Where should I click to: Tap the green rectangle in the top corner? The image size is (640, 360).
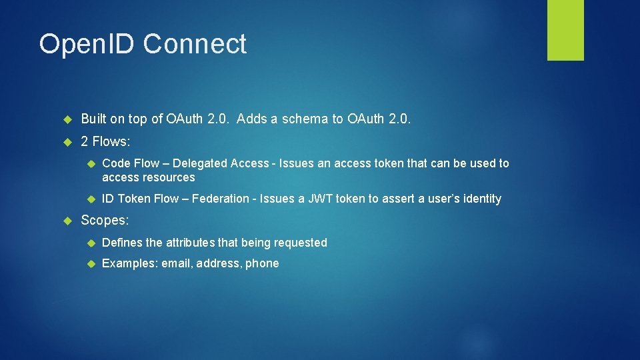pos(565,30)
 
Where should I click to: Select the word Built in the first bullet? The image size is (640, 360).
pos(94,119)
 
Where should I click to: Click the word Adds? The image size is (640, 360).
pos(251,119)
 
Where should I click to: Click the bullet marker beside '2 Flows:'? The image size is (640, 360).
pos(67,142)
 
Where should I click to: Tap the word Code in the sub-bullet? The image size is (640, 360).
pos(116,163)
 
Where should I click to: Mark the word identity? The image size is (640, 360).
pos(479,199)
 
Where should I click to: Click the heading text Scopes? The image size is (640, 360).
pos(105,220)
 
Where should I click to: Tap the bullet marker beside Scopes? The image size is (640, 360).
pos(67,221)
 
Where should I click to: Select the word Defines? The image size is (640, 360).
pos(122,243)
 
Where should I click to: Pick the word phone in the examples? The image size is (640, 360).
pos(262,263)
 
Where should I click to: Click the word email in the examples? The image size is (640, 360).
pos(176,263)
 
